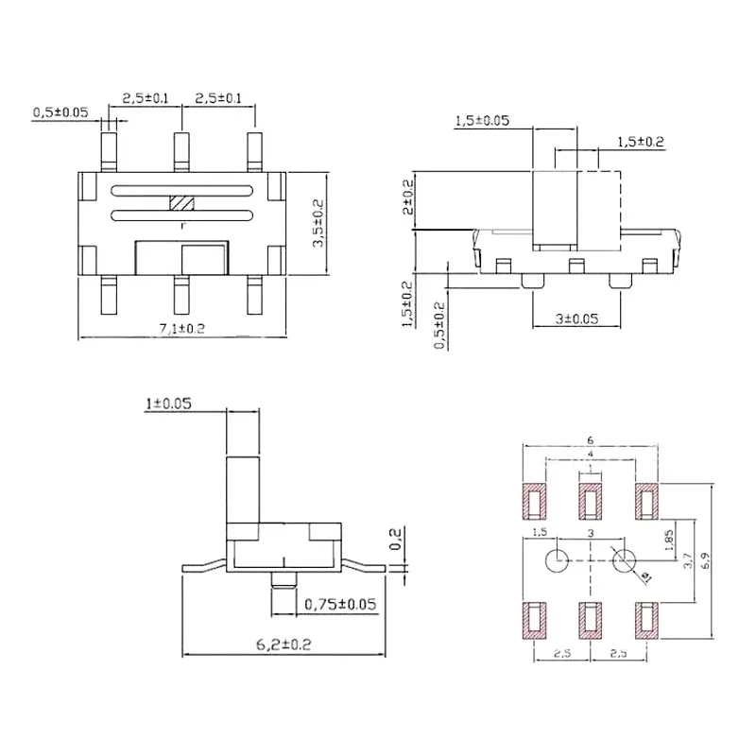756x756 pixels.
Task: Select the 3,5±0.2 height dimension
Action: (x=318, y=224)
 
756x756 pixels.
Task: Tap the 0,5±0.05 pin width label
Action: (x=60, y=112)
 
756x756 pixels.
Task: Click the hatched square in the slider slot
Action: (x=180, y=203)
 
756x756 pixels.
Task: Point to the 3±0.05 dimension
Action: (x=576, y=319)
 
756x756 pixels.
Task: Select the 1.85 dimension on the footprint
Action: (x=670, y=539)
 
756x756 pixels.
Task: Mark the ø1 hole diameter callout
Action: (x=645, y=576)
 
